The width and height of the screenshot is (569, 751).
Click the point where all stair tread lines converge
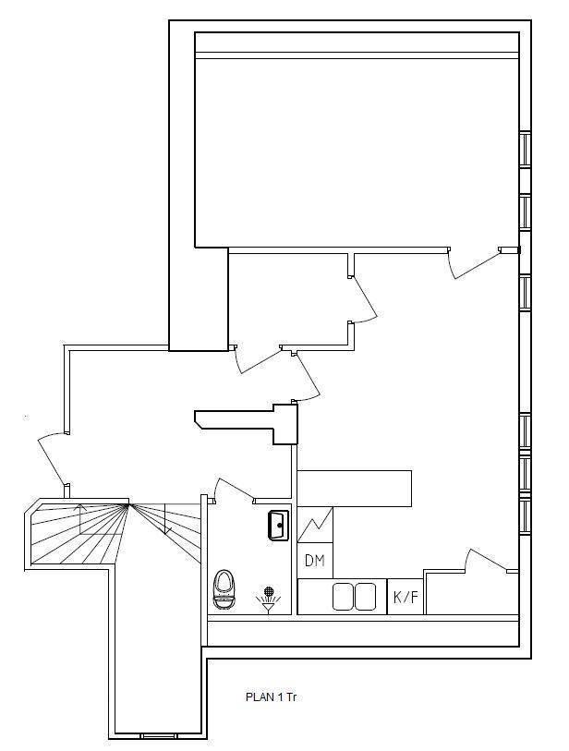128,503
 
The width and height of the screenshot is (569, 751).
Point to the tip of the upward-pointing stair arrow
80,504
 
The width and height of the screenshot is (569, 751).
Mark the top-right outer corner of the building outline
531,20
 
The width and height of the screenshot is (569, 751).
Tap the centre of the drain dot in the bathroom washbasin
280,526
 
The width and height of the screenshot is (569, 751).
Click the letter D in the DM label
309,561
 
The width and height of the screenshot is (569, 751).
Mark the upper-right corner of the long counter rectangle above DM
411,471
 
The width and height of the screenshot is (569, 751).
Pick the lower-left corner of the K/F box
387,614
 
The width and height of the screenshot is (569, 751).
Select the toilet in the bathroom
224,589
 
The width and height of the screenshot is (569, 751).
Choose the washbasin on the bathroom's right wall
279,526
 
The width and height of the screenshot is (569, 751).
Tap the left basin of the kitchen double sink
343,597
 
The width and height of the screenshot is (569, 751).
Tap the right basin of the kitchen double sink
365,597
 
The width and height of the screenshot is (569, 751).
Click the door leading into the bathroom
235,489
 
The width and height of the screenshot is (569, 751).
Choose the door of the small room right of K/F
488,560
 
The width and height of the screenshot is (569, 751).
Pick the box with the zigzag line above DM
315,525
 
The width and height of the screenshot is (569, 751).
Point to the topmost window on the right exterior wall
526,150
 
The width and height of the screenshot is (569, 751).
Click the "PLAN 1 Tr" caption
271,696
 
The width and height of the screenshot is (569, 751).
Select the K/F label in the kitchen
406,598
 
